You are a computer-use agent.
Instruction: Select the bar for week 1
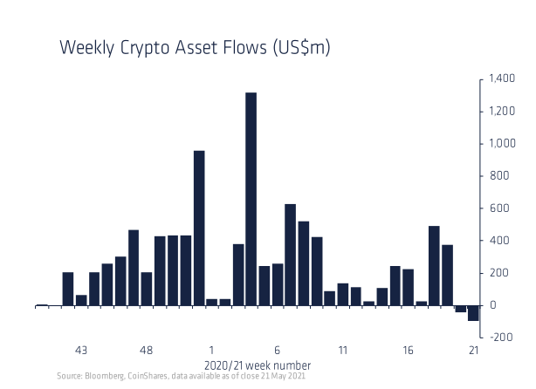point(212,302)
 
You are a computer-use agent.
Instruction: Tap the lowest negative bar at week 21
point(473,313)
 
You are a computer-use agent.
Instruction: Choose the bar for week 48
point(147,289)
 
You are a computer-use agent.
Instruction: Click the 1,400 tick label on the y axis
point(503,79)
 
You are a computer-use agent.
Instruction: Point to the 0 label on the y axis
point(493,305)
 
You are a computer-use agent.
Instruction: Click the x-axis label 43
point(81,351)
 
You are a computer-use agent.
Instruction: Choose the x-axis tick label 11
point(342,351)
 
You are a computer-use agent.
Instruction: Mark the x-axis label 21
point(473,351)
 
